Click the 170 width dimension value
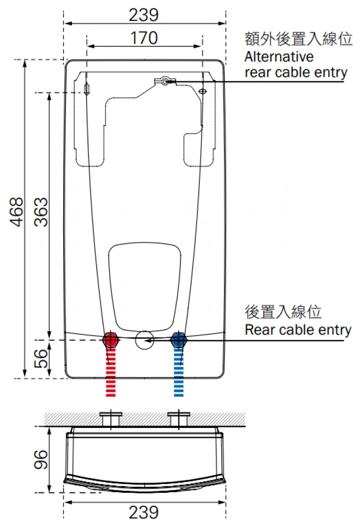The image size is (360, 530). click(144, 38)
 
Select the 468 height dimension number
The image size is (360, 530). click(17, 212)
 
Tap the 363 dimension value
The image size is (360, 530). click(41, 212)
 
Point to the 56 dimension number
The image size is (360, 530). click(41, 359)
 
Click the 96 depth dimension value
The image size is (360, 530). click(41, 461)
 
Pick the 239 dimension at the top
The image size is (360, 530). click(144, 15)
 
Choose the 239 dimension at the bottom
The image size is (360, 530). click(144, 513)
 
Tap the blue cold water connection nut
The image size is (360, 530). click(178, 340)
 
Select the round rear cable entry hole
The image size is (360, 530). click(144, 340)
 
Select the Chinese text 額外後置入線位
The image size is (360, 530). click(299, 39)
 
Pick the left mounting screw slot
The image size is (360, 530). click(87, 89)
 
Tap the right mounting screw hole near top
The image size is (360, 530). click(203, 91)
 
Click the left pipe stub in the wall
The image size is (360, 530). click(110, 419)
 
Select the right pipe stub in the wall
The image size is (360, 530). click(178, 419)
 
